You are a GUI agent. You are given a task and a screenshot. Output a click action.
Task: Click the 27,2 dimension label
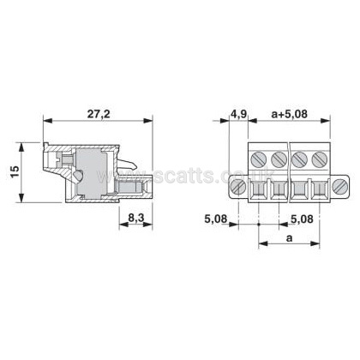[x=99, y=114]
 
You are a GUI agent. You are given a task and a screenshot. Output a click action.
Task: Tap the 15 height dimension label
[x=15, y=171]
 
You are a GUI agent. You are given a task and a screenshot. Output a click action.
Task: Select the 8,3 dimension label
[x=136, y=218]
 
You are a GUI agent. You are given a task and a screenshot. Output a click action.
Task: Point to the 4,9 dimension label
[x=238, y=114]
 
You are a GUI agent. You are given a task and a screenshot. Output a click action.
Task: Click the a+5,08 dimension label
[x=290, y=114]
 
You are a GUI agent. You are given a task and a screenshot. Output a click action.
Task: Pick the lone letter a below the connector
[x=290, y=237]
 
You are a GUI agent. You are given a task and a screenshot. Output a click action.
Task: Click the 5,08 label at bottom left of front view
[x=216, y=219]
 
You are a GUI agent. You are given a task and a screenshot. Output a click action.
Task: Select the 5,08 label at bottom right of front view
[x=302, y=219]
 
